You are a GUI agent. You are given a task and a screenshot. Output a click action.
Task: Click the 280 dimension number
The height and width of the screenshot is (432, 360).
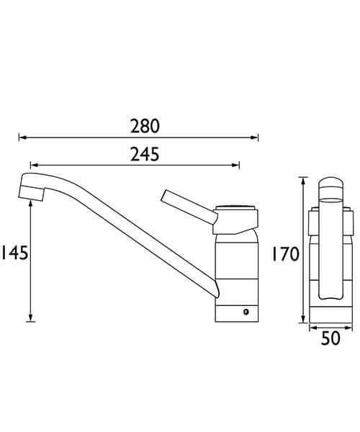tap(145, 126)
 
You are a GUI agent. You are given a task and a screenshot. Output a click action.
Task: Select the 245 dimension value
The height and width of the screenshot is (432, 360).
tap(145, 154)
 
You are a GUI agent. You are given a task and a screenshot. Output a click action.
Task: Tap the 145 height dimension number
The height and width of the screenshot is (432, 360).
tap(14, 253)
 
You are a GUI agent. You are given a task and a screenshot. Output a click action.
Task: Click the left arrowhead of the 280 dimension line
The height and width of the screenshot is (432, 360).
tap(22, 136)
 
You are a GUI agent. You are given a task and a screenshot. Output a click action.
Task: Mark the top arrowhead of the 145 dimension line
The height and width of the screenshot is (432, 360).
tap(31, 205)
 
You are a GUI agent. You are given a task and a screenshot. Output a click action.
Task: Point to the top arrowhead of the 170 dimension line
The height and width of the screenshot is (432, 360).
tap(302, 181)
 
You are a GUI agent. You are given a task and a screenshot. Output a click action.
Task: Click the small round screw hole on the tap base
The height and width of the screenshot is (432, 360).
tap(246, 312)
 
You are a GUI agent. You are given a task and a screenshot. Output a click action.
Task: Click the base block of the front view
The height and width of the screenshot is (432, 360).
tap(330, 311)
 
